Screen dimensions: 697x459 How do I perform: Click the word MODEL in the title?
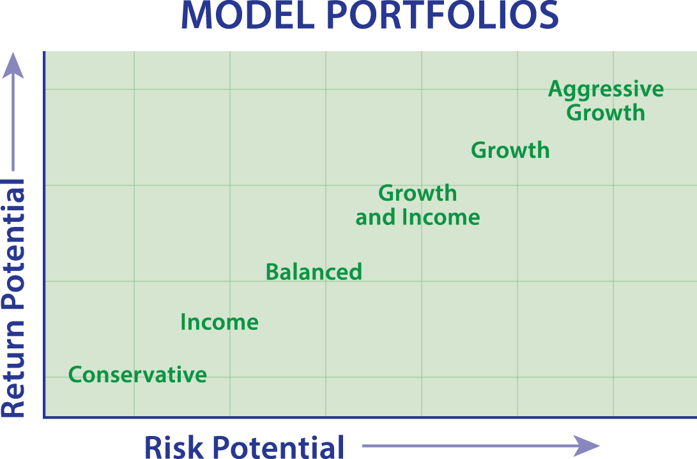(x=248, y=15)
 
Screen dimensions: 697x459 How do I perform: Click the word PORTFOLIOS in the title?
(x=443, y=15)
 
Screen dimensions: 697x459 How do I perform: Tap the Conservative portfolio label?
(x=137, y=375)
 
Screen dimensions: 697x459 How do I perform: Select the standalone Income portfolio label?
(x=219, y=322)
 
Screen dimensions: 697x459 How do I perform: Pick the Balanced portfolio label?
(x=314, y=272)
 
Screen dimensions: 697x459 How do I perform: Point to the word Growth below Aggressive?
(x=606, y=113)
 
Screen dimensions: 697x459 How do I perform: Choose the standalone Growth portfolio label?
(x=510, y=150)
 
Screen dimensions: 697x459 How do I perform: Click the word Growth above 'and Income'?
(x=417, y=193)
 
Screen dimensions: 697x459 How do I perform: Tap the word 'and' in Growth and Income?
(x=376, y=217)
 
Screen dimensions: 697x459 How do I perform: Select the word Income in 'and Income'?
(x=441, y=217)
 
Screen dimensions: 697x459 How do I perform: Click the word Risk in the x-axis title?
(x=174, y=447)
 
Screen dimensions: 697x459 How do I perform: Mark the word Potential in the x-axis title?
(x=277, y=447)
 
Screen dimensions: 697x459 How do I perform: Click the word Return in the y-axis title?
(x=13, y=369)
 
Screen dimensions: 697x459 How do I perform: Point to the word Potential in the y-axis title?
(x=13, y=244)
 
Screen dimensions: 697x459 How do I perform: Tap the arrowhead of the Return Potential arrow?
(x=13, y=66)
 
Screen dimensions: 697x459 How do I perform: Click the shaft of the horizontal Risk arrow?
(x=470, y=446)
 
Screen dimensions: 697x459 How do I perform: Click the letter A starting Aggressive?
(x=555, y=89)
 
